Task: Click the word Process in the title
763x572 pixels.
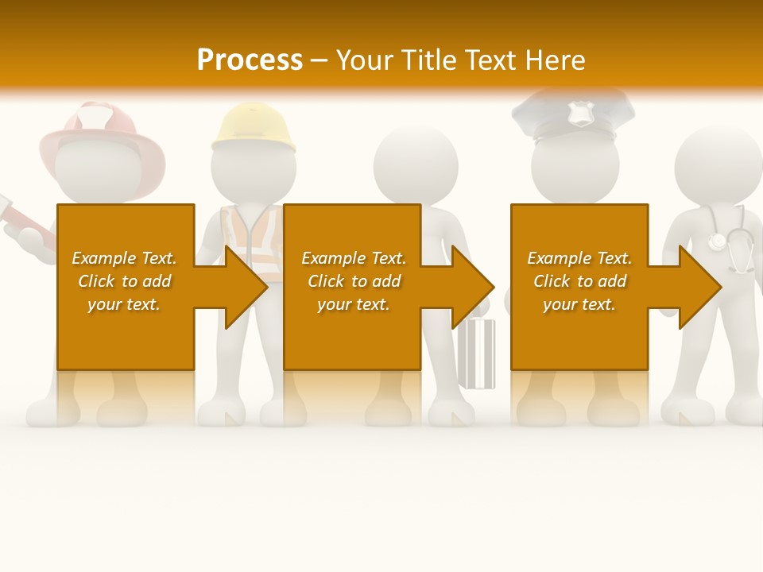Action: point(250,60)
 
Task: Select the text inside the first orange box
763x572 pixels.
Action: point(124,281)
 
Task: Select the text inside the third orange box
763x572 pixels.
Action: point(579,281)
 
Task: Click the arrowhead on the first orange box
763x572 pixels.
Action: point(242,287)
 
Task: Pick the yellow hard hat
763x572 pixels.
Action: point(254,127)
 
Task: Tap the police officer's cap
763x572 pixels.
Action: point(574,115)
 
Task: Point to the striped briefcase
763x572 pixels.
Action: point(476,354)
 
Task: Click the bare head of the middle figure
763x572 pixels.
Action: point(416,163)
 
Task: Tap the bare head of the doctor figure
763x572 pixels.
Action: point(718,163)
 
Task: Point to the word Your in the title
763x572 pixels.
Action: point(366,60)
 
